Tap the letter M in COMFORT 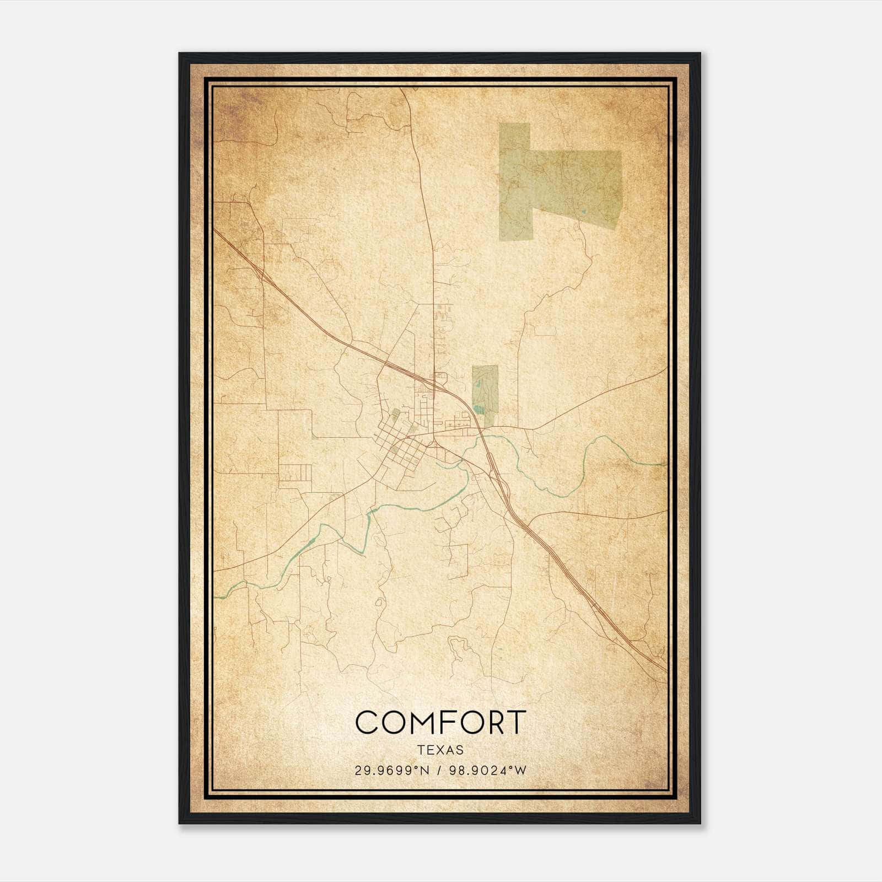click(x=422, y=722)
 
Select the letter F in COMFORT click(x=450, y=722)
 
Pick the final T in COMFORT click(x=517, y=722)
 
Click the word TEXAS click(x=440, y=750)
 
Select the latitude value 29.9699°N click(x=391, y=771)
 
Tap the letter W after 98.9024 click(x=521, y=771)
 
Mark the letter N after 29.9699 click(x=423, y=771)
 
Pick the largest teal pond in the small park click(x=478, y=408)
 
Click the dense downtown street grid click(x=400, y=447)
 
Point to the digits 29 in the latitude click(x=361, y=771)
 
